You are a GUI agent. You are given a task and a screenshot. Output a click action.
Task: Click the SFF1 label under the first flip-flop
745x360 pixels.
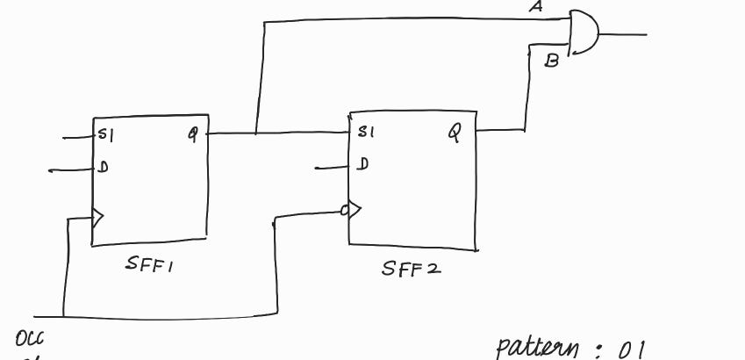pyautogui.click(x=150, y=266)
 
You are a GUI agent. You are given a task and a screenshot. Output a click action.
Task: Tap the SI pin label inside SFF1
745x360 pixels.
pyautogui.click(x=106, y=136)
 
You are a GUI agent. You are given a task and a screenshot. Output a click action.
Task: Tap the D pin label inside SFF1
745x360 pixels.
pyautogui.click(x=103, y=167)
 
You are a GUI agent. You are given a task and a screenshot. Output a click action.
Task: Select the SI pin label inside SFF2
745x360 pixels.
pyautogui.click(x=366, y=133)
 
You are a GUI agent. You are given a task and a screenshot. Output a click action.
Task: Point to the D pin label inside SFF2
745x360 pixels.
pyautogui.click(x=363, y=164)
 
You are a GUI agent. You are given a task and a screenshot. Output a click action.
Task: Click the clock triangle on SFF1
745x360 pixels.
pyautogui.click(x=98, y=216)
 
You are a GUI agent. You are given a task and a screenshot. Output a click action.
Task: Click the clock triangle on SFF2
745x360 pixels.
pyautogui.click(x=355, y=210)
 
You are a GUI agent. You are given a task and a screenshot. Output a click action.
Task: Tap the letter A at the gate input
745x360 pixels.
pyautogui.click(x=534, y=8)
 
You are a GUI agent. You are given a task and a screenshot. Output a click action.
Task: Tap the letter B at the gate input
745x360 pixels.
pyautogui.click(x=552, y=61)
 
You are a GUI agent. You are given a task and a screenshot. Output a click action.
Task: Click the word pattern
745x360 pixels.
pyautogui.click(x=536, y=348)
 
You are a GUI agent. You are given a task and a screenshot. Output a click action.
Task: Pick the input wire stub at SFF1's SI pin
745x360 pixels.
pyautogui.click(x=78, y=138)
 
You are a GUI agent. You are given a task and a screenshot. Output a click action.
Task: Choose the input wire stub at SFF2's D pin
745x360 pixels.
pyautogui.click(x=333, y=165)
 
